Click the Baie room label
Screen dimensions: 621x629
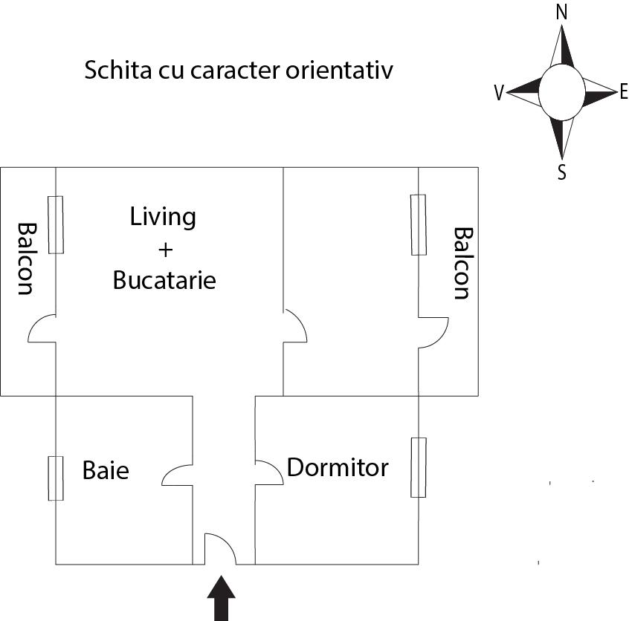(x=106, y=470)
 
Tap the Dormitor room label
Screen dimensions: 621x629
(x=338, y=468)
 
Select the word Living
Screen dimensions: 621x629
(x=163, y=217)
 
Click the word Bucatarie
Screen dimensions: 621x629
(x=164, y=281)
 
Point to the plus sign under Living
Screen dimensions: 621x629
(x=165, y=249)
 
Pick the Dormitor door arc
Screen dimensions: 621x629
(x=269, y=472)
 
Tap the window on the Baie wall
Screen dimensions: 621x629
(x=56, y=478)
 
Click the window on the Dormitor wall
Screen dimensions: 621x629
(x=419, y=467)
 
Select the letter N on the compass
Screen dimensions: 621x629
(x=561, y=13)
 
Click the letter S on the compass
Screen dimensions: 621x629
(x=562, y=173)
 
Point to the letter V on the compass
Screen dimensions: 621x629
(x=500, y=93)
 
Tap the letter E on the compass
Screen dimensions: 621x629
(x=623, y=92)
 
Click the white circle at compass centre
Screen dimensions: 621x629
(x=561, y=92)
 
